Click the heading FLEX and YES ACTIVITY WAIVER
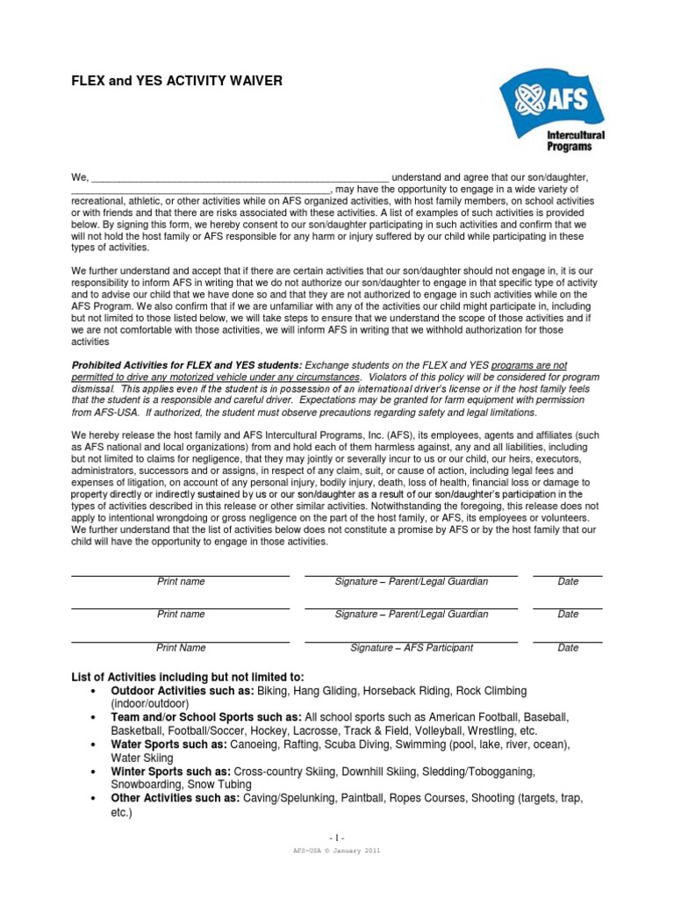176,81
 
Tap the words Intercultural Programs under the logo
575,141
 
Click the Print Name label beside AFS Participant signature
181,648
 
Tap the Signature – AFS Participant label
412,648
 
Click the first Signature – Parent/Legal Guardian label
412,582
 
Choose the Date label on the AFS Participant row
568,648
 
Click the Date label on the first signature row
568,582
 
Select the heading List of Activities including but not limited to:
187,677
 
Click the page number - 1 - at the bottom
337,838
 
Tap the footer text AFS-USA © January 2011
337,851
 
